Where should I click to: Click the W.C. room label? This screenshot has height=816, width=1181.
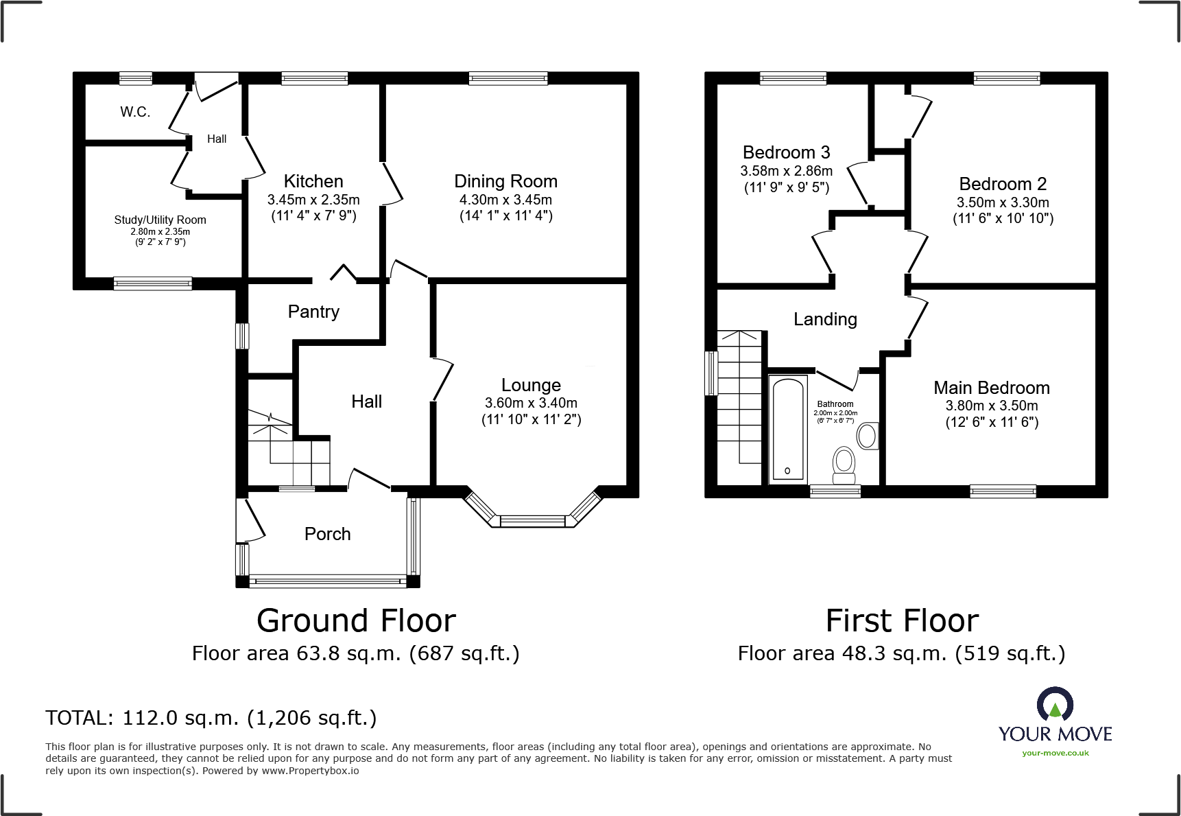coord(135,112)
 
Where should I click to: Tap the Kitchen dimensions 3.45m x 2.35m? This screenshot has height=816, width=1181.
coord(313,200)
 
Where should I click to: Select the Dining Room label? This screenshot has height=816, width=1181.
coord(505,181)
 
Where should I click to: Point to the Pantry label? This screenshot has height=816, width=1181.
coord(313,312)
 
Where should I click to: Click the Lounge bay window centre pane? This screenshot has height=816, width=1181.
coord(533,521)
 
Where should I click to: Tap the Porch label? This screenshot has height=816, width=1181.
coord(327,534)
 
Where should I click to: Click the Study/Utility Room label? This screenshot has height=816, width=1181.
coord(160,220)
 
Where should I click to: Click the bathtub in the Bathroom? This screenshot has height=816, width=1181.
coord(787,428)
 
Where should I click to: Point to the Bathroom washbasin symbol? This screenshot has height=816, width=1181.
coord(868,436)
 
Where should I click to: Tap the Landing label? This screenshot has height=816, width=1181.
coord(825,319)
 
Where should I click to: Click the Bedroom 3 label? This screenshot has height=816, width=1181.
coord(786,152)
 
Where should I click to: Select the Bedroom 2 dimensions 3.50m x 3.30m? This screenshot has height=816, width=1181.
coord(1003,202)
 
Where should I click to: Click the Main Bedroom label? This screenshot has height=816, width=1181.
coord(991,388)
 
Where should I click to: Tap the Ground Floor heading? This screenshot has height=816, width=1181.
coord(356,620)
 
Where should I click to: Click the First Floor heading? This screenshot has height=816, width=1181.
coord(902,620)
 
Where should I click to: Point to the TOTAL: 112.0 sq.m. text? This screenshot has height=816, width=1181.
coord(211,718)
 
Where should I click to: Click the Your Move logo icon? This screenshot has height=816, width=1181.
coord(1055,705)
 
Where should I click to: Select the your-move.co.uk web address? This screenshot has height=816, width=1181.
coord(1055,753)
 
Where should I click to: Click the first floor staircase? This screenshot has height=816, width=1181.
coord(739,405)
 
